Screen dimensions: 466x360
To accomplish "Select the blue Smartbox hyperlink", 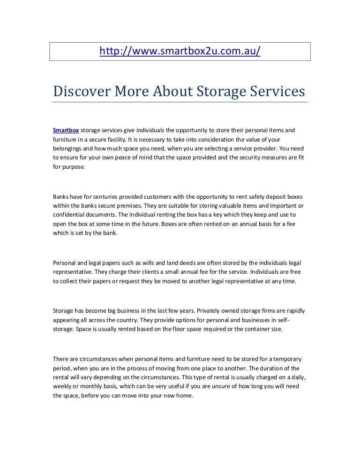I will point(66,130).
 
